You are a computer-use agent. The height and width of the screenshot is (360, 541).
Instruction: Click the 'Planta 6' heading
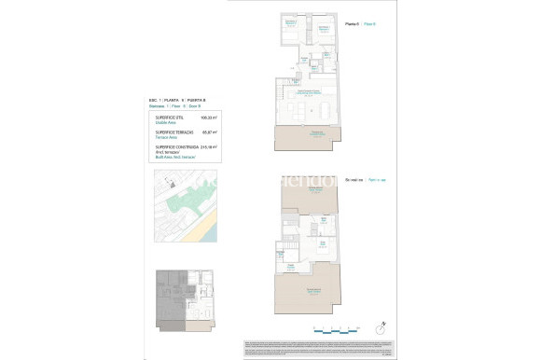[351, 23]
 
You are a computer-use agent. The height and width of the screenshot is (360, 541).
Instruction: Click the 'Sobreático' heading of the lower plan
[353, 178]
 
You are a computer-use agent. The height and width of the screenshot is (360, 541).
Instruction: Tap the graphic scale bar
[335, 327]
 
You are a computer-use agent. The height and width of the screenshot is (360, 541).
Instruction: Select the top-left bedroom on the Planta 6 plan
[290, 24]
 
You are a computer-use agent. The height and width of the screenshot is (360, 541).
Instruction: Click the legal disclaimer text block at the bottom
[317, 346]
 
